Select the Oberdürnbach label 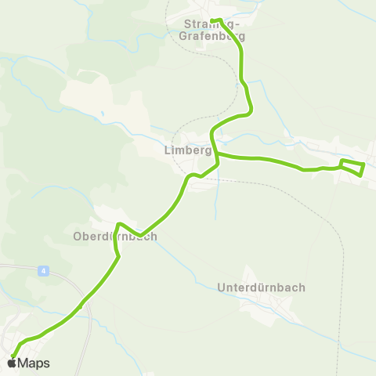(115, 236)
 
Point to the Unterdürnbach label (260, 287)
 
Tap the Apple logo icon (11, 363)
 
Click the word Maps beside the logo (34, 363)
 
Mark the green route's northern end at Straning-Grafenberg (213, 20)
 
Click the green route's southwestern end (13, 356)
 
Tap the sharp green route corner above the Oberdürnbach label (118, 226)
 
